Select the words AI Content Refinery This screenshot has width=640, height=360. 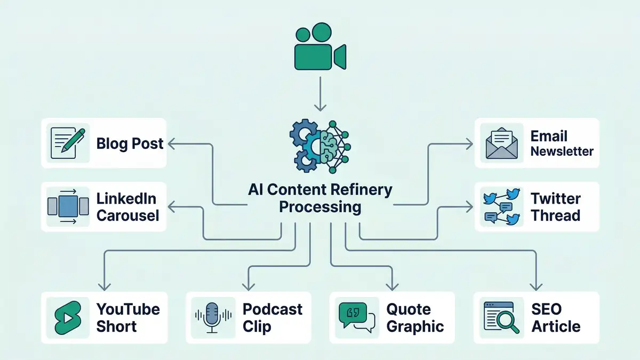[x=320, y=189]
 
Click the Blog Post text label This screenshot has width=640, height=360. [x=130, y=143]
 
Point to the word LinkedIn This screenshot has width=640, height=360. [x=126, y=199]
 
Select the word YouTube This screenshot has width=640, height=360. [x=128, y=309]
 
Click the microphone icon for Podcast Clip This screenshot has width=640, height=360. [x=212, y=317]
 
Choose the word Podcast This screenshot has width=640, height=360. [x=273, y=309]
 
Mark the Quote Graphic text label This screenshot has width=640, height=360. [x=415, y=317]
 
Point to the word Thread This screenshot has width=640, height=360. [x=555, y=216]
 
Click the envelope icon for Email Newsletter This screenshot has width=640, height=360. [x=500, y=143]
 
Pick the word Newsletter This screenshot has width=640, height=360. [x=562, y=151]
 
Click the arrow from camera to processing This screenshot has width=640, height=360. [x=319, y=93]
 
